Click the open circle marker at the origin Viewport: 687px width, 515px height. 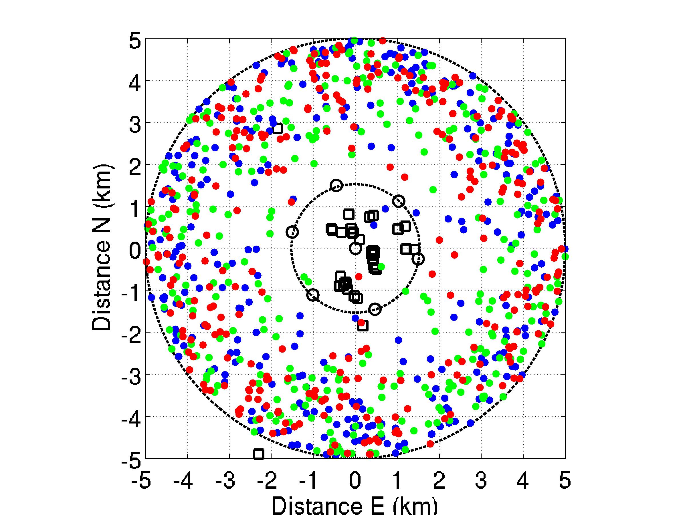[x=355, y=248]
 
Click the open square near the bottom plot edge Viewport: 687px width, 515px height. [x=258, y=454]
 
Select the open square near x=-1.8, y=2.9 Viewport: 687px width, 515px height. [x=278, y=128]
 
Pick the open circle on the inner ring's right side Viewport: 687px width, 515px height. [x=418, y=258]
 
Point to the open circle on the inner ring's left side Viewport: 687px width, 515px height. [x=292, y=232]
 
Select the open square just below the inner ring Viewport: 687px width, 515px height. [x=363, y=326]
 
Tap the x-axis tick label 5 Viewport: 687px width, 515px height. [x=565, y=482]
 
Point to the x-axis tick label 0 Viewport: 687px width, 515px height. [x=355, y=482]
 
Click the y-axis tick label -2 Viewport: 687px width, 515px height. [x=130, y=333]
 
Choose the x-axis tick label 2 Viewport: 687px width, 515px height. [x=439, y=482]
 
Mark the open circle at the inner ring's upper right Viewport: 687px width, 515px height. [x=399, y=201]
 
